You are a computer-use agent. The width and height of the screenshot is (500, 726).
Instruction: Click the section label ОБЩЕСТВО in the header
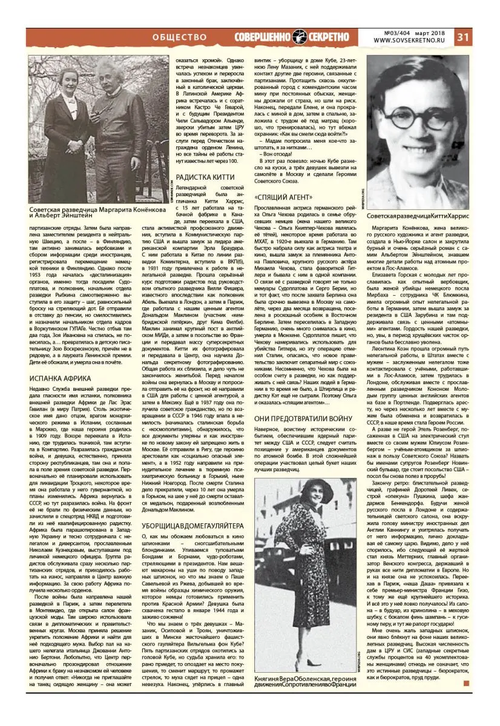(x=180, y=37)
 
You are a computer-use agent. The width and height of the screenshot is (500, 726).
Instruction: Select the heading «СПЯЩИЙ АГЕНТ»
(x=284, y=197)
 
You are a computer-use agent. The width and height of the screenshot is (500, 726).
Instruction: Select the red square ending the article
(x=466, y=683)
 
